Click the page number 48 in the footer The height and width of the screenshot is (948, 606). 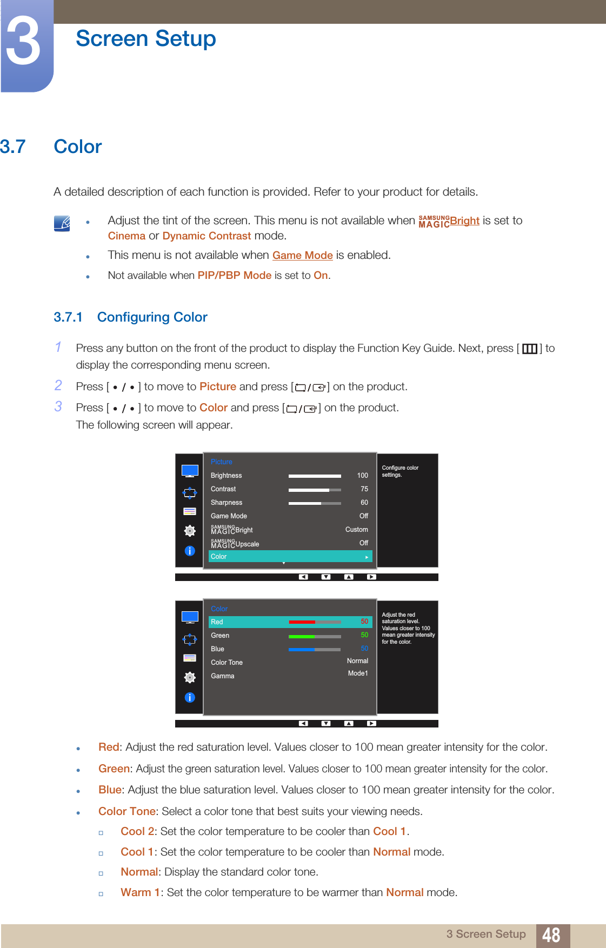(x=551, y=935)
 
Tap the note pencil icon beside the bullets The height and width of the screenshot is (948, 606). (x=62, y=223)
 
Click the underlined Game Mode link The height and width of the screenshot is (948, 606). (x=302, y=255)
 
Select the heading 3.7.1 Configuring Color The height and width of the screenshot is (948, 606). (x=130, y=317)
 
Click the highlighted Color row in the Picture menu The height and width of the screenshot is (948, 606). (x=290, y=556)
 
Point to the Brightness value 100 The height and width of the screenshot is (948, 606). (x=362, y=476)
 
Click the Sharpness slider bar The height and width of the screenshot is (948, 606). (x=315, y=503)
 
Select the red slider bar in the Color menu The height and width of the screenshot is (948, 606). (x=315, y=622)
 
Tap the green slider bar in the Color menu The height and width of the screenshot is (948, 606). (x=315, y=636)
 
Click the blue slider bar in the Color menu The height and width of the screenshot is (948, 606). (x=315, y=649)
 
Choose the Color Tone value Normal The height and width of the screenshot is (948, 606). (x=357, y=661)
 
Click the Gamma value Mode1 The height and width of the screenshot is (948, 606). (x=358, y=673)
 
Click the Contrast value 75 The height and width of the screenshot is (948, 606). (x=364, y=489)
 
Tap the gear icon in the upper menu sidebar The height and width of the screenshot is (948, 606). (x=190, y=531)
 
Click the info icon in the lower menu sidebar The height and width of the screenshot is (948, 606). (x=190, y=698)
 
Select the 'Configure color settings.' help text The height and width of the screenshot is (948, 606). (x=400, y=471)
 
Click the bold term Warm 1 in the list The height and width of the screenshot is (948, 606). (x=141, y=892)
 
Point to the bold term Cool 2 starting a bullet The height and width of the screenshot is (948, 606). (x=137, y=831)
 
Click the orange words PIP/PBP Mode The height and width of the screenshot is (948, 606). (x=235, y=275)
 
